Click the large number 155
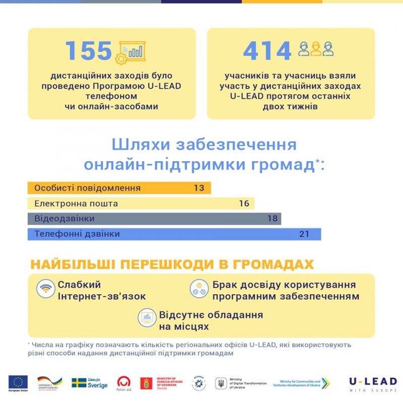89,51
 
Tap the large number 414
267,51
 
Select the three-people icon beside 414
316,49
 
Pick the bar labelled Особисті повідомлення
119,188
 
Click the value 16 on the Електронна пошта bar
244,204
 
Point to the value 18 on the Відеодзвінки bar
273,219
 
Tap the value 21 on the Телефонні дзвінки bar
303,234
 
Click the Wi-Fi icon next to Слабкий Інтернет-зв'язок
45,289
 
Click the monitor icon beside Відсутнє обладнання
148,317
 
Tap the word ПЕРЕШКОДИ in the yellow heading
174,265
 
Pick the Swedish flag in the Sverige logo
79,383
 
